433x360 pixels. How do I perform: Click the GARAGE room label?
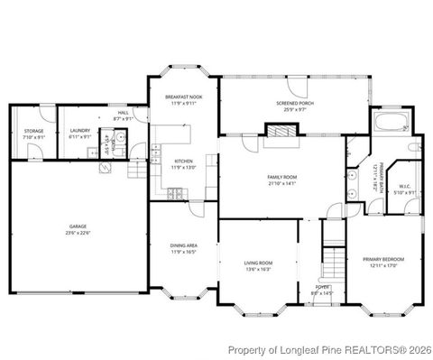click(x=78, y=225)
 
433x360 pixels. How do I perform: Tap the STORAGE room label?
click(x=33, y=132)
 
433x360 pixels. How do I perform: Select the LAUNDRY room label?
click(x=79, y=132)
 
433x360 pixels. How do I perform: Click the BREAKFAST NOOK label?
click(x=183, y=96)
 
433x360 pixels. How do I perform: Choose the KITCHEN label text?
click(x=183, y=162)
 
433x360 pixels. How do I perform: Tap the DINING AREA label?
click(x=184, y=245)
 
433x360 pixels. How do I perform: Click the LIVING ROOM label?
click(x=258, y=263)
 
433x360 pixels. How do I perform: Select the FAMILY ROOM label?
click(x=281, y=177)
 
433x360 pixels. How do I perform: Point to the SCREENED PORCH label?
click(x=293, y=104)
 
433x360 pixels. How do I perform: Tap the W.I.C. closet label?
click(x=404, y=186)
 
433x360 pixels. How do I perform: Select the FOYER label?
click(x=321, y=288)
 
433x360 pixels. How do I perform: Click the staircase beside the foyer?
click(x=335, y=263)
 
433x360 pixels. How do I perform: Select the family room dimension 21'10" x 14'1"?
click(x=281, y=183)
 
